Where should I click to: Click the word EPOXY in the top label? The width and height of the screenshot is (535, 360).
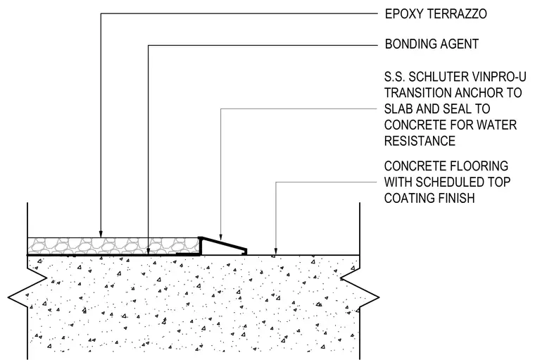coord(403,14)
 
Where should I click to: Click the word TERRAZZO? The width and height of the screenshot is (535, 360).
coord(457,14)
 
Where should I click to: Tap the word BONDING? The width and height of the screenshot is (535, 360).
coord(410,44)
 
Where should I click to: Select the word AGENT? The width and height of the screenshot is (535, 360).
coord(459,44)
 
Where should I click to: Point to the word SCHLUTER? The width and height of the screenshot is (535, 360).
coord(436,77)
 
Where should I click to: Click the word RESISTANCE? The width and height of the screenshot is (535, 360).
coord(420,141)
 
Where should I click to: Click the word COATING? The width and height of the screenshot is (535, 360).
coord(409,199)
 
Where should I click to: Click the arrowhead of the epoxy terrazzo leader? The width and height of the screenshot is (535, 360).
coord(101,235)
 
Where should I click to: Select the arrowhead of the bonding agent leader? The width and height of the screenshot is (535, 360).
coord(148,252)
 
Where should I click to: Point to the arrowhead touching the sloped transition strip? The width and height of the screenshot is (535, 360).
coord(221,237)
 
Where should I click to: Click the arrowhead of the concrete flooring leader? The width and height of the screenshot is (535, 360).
coord(276,252)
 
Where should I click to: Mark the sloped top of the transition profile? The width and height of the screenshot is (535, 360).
coord(223,243)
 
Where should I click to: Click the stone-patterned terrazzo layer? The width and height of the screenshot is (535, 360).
coord(113,246)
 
